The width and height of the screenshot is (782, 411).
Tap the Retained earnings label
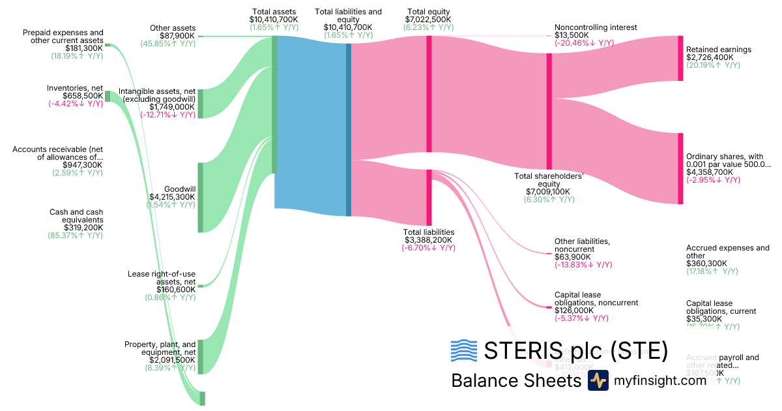pos(718,50)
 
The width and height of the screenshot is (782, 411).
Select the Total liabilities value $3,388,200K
pos(428,240)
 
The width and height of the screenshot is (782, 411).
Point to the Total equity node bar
pos(429,94)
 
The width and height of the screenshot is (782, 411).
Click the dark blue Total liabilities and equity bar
pos(349,129)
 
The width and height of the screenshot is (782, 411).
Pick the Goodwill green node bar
pos(201,197)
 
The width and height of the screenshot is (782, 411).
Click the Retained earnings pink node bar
pos(680,58)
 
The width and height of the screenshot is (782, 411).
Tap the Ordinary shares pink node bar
pos(680,168)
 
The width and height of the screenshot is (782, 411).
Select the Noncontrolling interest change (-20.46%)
pos(584,43)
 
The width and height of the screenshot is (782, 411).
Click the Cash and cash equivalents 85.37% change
pos(76,236)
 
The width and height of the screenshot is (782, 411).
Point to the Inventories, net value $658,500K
pos(83,96)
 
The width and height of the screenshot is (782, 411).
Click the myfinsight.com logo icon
pos(598,380)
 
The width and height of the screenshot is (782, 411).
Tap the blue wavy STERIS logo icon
pos(464,351)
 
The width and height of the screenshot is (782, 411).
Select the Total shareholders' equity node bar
pos(549,112)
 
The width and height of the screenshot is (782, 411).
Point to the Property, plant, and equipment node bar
pos(201,356)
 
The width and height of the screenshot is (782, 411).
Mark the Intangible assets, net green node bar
pos(201,103)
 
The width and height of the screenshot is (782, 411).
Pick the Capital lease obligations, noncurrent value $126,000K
pos(575,311)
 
